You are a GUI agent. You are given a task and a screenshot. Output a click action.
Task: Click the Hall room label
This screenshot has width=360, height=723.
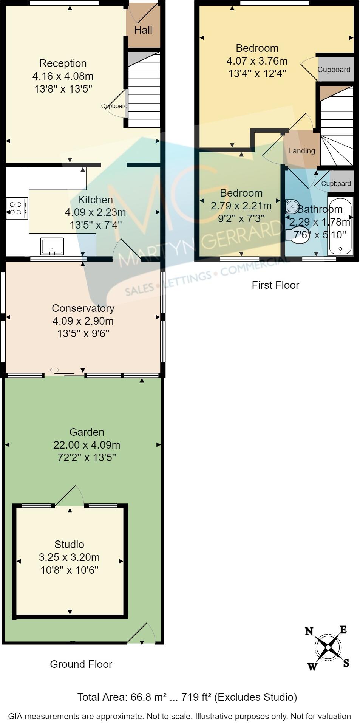[x=143, y=30]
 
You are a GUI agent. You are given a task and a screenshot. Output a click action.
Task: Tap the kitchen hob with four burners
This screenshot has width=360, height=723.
[x=17, y=208]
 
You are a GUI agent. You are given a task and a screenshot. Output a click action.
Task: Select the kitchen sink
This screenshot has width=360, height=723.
[x=52, y=246]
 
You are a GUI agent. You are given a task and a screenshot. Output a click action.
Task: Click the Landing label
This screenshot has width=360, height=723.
[x=301, y=151]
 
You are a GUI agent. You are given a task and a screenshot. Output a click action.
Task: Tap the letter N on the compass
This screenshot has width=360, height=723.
[x=309, y=631]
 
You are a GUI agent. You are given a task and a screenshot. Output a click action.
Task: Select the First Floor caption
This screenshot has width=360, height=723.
[x=275, y=285]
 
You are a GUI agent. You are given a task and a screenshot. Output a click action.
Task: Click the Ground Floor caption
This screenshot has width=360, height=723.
[x=81, y=664]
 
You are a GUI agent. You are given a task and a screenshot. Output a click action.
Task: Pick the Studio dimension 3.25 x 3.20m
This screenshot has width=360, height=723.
[x=69, y=557]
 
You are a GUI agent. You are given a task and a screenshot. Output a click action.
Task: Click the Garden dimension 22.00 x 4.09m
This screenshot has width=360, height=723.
[x=87, y=445]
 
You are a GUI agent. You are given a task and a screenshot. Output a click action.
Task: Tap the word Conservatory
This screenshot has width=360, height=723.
[x=83, y=308]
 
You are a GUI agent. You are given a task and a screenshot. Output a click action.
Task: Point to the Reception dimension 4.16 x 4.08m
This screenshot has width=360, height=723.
[x=63, y=76]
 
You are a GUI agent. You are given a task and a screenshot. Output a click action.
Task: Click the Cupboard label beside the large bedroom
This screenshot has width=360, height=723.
[x=334, y=70]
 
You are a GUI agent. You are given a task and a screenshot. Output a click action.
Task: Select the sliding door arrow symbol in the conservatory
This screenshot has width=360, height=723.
[x=54, y=370]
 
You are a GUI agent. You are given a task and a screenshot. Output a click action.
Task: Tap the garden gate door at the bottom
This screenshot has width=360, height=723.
[x=142, y=633]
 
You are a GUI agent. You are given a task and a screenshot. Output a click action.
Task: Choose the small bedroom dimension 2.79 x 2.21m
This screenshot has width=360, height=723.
[x=241, y=206]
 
